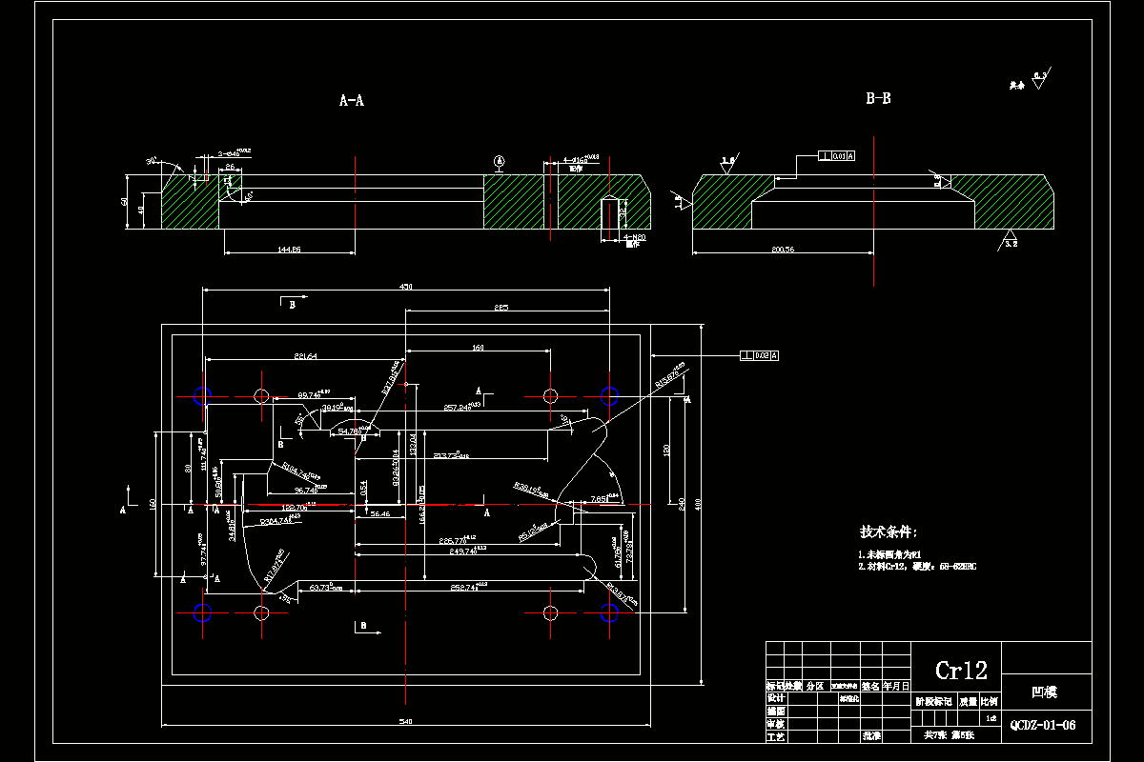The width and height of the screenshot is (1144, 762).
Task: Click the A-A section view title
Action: pyautogui.click(x=352, y=100)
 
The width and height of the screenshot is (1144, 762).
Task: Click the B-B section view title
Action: pyautogui.click(x=878, y=98)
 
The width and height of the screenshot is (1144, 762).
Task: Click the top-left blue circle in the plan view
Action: pyautogui.click(x=202, y=395)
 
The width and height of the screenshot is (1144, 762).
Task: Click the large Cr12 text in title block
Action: pyautogui.click(x=960, y=671)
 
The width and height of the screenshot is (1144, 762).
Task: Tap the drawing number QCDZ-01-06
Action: pyautogui.click(x=1043, y=725)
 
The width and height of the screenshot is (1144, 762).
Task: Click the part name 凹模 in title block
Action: pyautogui.click(x=1045, y=693)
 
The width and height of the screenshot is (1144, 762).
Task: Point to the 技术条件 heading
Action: pyautogui.click(x=889, y=532)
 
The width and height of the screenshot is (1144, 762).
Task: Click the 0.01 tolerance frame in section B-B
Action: pyautogui.click(x=837, y=155)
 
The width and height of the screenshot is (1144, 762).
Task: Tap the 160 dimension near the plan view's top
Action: pyautogui.click(x=478, y=348)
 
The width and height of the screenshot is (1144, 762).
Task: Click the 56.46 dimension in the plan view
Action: pyautogui.click(x=379, y=513)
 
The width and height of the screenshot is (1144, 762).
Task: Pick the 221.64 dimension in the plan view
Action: pyautogui.click(x=306, y=356)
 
